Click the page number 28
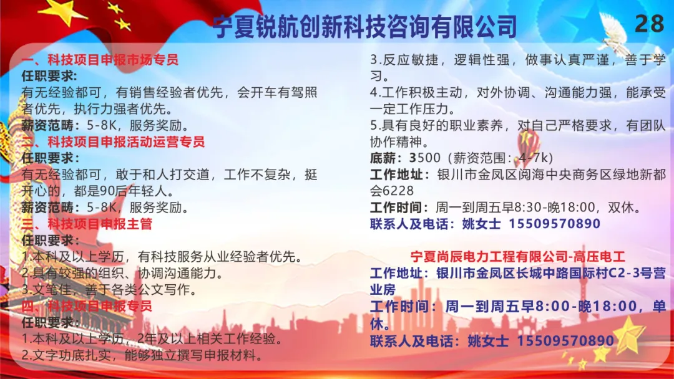pos(649,23)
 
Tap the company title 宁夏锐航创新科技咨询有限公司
pos(365,27)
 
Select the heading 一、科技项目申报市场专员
pos(100,60)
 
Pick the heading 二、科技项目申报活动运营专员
pos(113,142)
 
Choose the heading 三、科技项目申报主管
pos(87,224)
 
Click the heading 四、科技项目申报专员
pos(87,305)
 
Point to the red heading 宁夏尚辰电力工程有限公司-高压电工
pos(518,257)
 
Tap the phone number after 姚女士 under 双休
pos(555,224)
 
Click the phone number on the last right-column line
pos(565,341)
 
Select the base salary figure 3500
pos(425,158)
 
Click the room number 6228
pos(398,191)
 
